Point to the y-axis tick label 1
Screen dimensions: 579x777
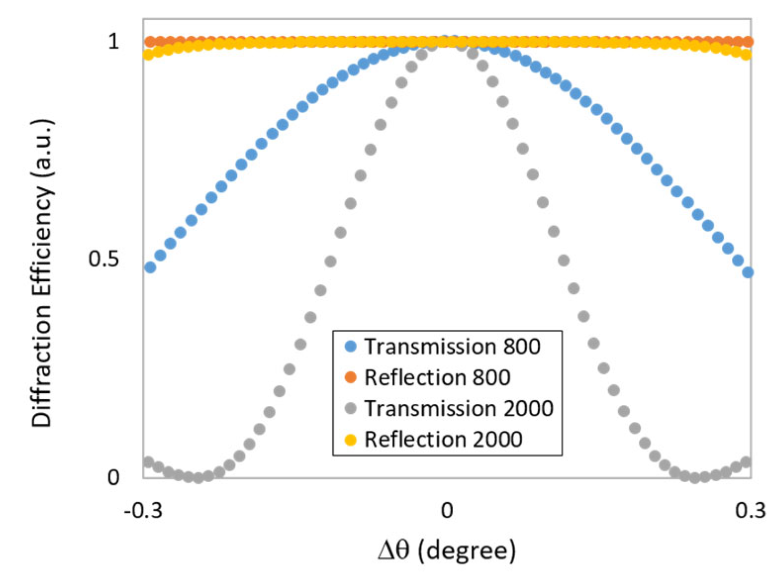click(x=114, y=41)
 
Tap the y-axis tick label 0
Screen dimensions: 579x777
click(x=114, y=477)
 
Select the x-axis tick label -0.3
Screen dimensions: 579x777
click(x=143, y=510)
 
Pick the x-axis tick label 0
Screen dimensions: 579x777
click(x=447, y=510)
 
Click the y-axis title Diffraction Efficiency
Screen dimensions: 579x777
click(x=43, y=273)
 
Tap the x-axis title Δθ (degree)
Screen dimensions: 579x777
click(x=447, y=550)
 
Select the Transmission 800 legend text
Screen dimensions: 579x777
click(x=452, y=347)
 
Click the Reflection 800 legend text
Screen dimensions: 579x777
click(x=437, y=378)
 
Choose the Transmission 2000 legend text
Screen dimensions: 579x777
click(x=458, y=409)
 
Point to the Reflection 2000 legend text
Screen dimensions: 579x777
click(x=443, y=440)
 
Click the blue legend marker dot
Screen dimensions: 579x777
click(x=350, y=347)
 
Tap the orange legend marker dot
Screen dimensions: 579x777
click(x=350, y=378)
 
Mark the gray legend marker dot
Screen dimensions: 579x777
click(x=350, y=409)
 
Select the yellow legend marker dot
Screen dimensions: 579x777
click(x=350, y=440)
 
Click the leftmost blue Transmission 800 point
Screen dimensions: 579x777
click(x=150, y=267)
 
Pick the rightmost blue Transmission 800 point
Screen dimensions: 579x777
click(x=748, y=272)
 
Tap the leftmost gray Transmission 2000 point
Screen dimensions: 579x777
click(x=148, y=462)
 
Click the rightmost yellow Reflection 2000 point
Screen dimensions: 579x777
click(x=745, y=54)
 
